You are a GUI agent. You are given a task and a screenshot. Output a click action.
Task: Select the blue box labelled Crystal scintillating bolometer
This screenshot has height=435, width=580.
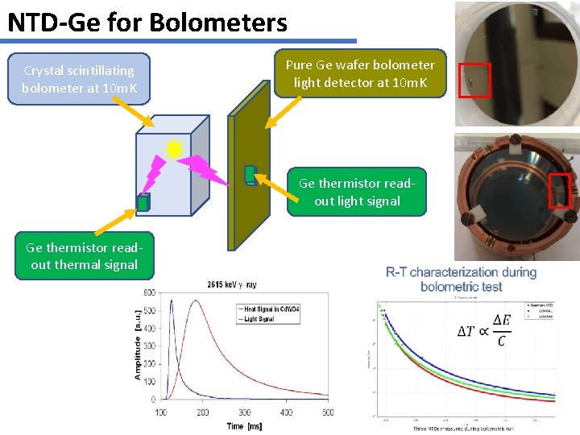point(78,79)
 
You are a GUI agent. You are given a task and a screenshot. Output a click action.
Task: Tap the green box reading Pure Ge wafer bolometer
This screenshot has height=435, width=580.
point(359,73)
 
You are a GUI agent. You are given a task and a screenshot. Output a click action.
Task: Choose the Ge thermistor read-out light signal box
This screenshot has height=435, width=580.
point(357,192)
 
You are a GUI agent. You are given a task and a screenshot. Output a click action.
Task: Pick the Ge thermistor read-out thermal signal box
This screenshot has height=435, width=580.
point(84,255)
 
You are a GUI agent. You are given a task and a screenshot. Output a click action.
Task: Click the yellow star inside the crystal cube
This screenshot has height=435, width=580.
point(174,148)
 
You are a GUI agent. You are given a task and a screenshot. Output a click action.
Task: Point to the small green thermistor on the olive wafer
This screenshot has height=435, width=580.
point(250,174)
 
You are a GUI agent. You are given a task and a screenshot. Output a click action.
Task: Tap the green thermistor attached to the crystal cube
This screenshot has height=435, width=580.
point(143,203)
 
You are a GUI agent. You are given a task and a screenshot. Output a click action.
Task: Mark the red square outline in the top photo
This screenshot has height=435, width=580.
point(474,80)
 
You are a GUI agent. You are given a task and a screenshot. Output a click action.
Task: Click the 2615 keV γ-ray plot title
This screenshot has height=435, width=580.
point(232,284)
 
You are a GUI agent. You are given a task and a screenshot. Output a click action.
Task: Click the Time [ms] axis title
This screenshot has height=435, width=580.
point(244,425)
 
